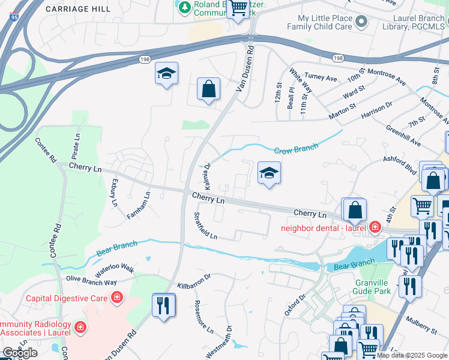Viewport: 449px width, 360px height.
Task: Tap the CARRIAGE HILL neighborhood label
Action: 78,9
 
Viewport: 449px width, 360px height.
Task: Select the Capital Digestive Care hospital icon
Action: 116,298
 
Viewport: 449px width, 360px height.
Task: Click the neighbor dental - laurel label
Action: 324,227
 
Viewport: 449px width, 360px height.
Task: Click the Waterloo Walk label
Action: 113,268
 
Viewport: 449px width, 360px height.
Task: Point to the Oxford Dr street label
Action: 291,305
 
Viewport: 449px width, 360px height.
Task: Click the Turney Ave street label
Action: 321,77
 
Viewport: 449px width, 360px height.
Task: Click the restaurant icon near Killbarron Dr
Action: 163,304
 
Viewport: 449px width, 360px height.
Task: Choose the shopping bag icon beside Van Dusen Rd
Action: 208,89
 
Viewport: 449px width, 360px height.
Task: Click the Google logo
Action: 20,353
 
